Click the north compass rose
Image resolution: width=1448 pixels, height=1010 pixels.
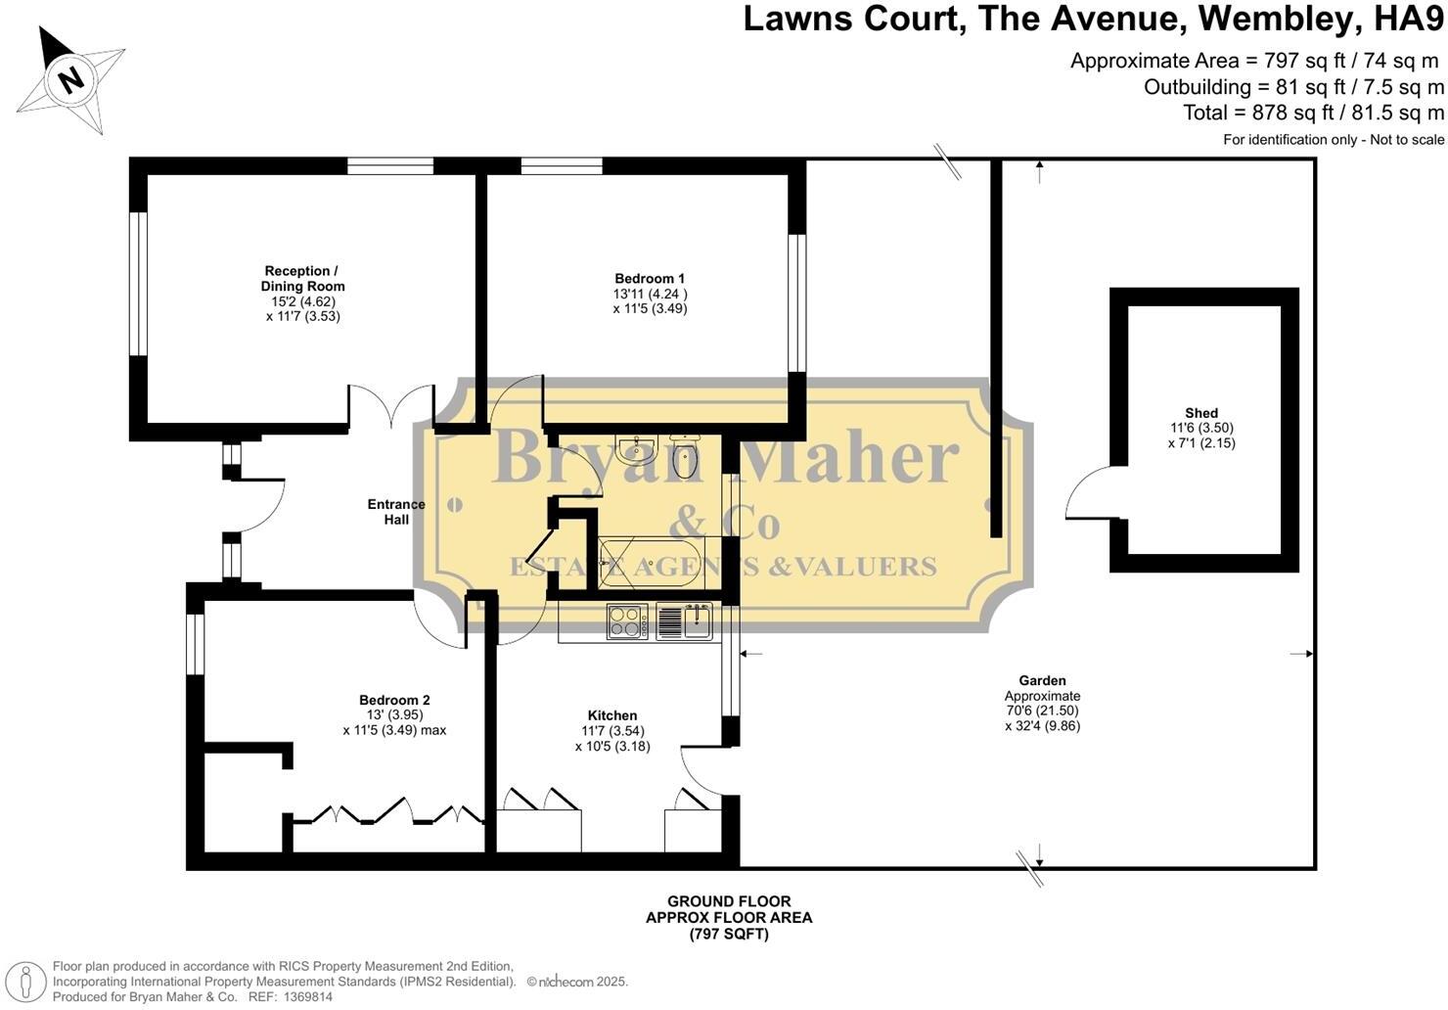coord(70,79)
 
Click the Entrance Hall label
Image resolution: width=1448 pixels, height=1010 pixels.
coord(396,512)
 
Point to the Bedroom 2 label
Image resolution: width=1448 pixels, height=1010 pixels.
coord(394,701)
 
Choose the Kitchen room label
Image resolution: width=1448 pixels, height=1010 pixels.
coord(612,716)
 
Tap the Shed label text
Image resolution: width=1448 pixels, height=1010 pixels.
coord(1201,414)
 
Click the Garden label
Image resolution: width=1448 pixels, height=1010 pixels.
coord(1042,681)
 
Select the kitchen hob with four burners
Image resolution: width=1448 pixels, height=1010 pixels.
coord(627,621)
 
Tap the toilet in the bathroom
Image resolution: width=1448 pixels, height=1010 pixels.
coord(685,457)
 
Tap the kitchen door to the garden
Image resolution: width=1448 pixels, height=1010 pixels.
coord(701,766)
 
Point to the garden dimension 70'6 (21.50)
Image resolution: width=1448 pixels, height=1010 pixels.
coord(1042,712)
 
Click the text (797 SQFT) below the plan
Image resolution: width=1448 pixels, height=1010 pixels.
coord(729,935)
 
